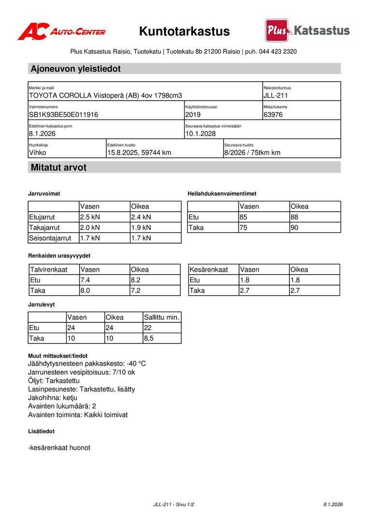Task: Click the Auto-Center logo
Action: [61, 31]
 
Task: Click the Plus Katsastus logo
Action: [307, 30]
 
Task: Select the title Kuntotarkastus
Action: [184, 31]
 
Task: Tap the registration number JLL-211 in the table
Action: [276, 96]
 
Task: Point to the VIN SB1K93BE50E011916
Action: [64, 115]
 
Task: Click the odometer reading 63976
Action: [273, 115]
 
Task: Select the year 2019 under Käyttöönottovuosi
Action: [193, 115]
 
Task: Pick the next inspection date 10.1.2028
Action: [200, 133]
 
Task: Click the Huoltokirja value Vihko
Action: [38, 153]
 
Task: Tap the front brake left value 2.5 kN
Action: [90, 217]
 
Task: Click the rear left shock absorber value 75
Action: [243, 228]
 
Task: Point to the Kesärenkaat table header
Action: [209, 269]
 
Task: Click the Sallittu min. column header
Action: [162, 318]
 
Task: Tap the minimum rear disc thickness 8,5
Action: [149, 338]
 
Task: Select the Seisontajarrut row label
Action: [50, 238]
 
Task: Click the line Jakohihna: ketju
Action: [53, 397]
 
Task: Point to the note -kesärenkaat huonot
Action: [59, 448]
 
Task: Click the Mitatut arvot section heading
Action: [58, 168]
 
